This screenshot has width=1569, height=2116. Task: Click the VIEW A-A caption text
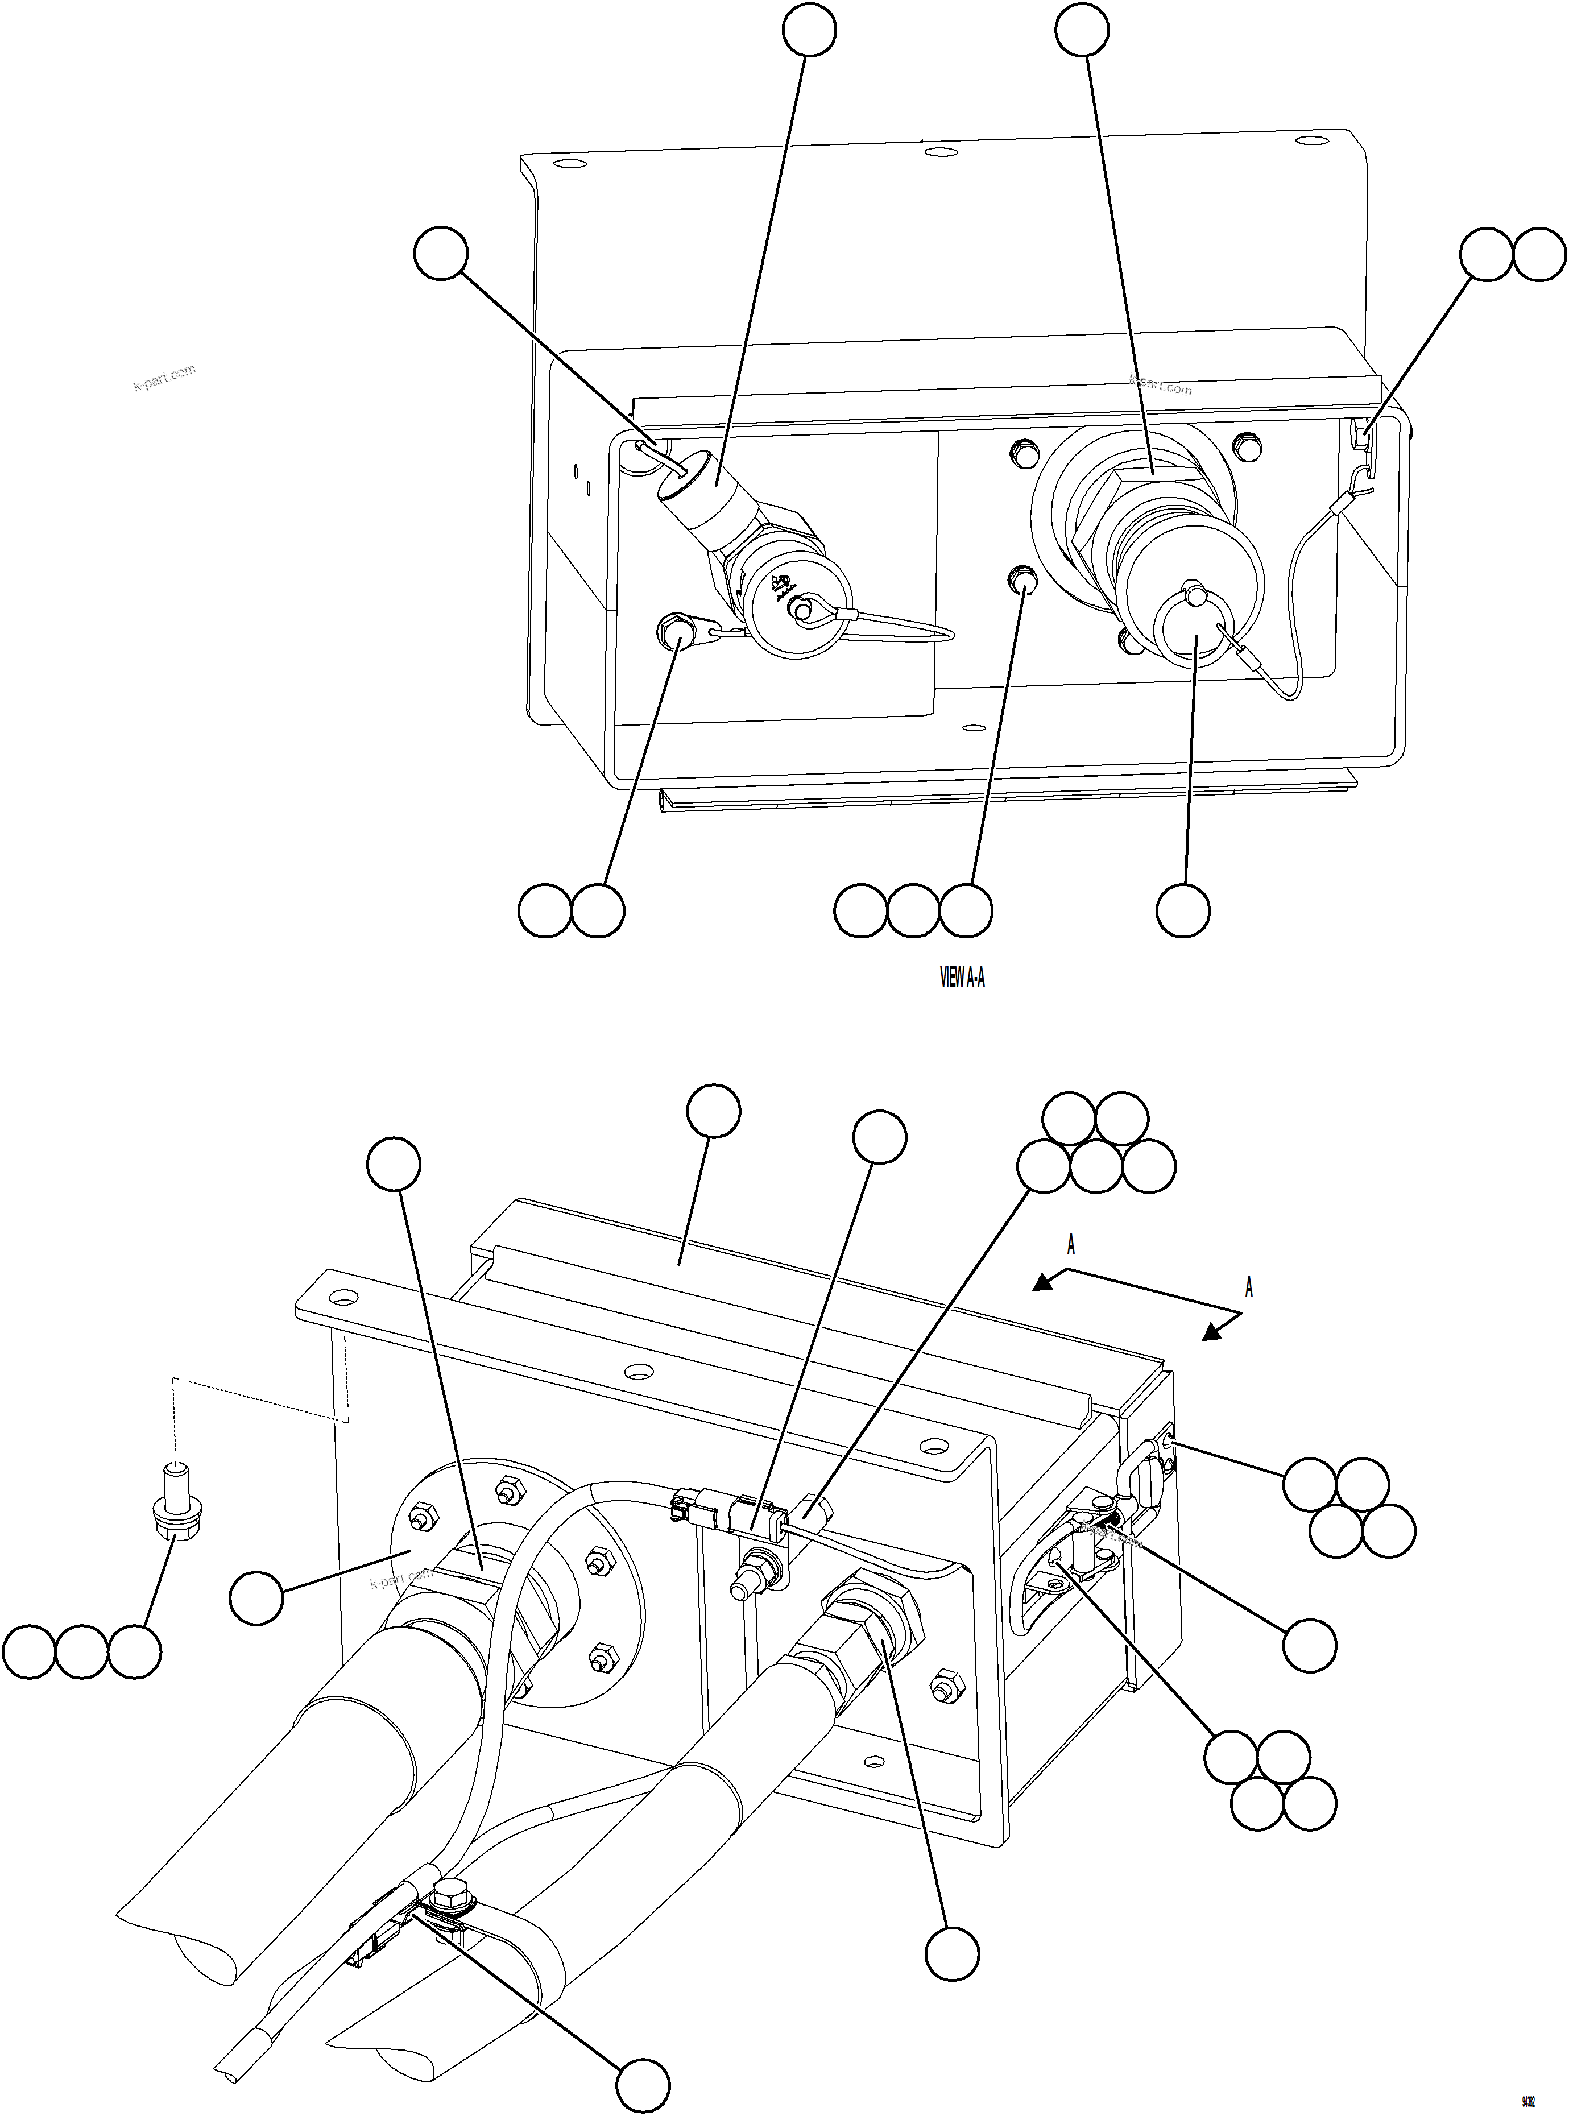(961, 978)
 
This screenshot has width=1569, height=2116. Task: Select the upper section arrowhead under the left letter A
(1044, 1283)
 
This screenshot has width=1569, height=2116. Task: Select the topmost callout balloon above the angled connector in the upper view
(809, 30)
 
